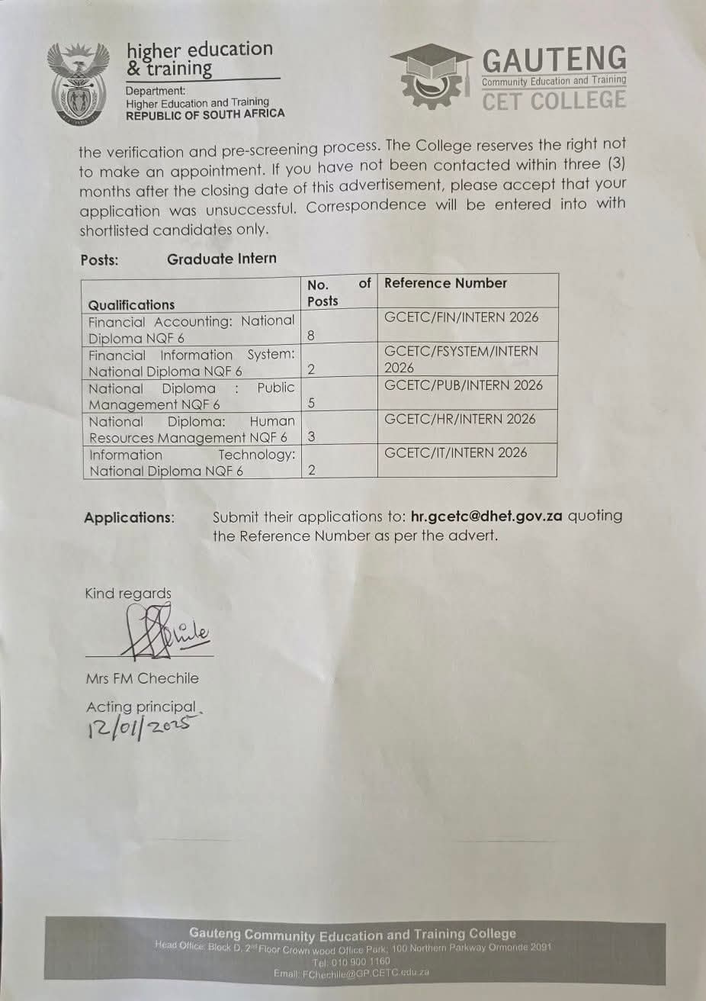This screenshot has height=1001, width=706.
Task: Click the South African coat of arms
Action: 76,84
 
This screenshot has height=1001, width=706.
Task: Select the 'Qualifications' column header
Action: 131,304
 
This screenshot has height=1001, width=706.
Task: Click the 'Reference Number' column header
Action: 445,283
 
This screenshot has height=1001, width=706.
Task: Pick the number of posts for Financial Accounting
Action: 311,335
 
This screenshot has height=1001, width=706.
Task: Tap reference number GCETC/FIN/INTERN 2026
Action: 461,317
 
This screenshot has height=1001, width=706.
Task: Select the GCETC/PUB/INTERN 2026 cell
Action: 464,385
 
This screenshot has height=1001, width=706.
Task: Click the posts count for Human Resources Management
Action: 311,436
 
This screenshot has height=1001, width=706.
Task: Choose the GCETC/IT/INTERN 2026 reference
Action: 456,452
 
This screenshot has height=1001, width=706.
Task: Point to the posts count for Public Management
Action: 311,403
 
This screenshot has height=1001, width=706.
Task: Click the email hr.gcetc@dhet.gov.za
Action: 486,516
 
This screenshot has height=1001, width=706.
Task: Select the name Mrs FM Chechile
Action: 142,678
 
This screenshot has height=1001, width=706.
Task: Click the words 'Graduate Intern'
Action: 222,259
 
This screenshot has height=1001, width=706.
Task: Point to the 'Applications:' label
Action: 129,517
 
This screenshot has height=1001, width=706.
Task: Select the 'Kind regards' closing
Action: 128,593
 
